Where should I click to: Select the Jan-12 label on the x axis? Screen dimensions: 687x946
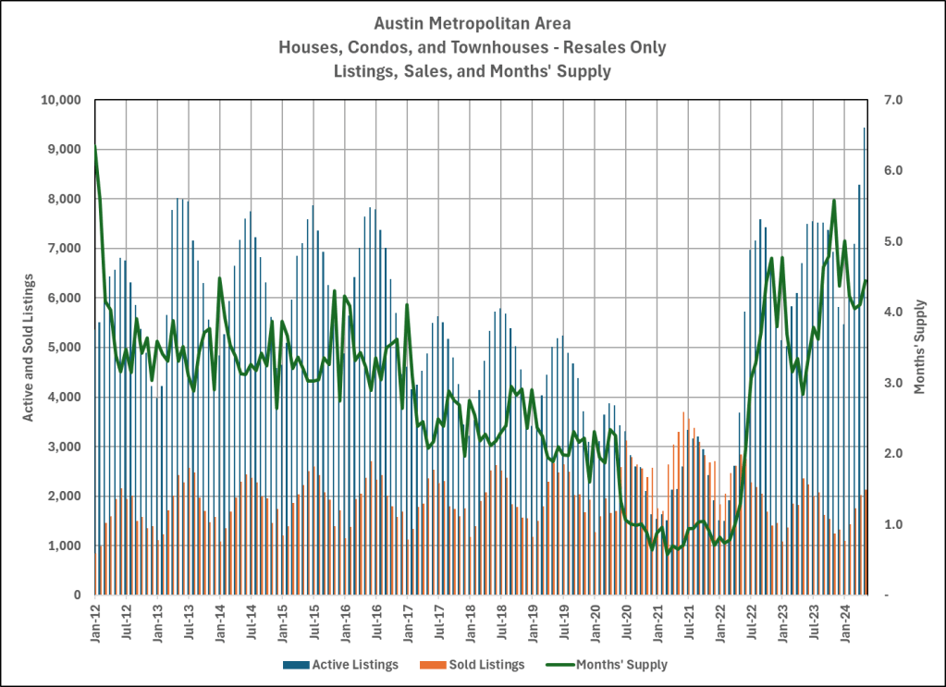pyautogui.click(x=95, y=624)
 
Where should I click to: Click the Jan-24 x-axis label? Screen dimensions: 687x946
pyautogui.click(x=844, y=624)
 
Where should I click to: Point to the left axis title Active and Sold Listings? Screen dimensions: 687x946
pyautogui.click(x=29, y=348)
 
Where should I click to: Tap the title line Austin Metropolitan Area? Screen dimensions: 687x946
pyautogui.click(x=473, y=21)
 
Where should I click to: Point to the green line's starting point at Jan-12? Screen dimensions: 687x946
pyautogui.click(x=95, y=146)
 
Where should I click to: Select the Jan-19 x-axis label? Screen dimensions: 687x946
pyautogui.click(x=533, y=624)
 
